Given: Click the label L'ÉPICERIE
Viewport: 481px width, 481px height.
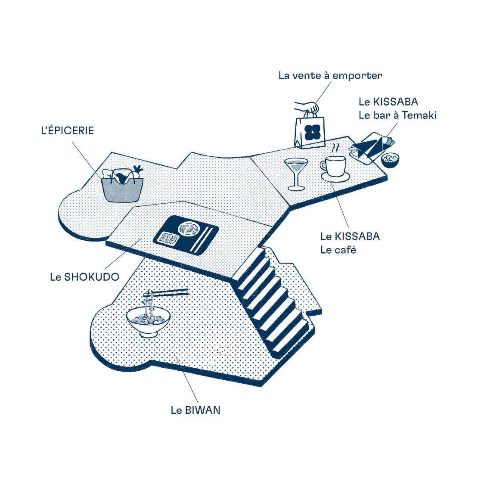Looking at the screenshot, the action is (68, 130).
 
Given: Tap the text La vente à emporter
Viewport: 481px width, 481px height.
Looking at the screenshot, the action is (330, 75).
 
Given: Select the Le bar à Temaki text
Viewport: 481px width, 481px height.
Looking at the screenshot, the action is (397, 115).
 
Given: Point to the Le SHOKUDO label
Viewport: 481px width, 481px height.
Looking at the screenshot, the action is (85, 277).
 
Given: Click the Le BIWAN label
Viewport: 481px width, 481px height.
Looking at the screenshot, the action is (196, 410).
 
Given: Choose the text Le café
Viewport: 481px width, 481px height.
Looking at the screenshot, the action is (338, 250).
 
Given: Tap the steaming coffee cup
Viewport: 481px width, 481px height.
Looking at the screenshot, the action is (333, 166).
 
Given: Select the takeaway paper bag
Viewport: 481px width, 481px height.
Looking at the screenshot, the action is (310, 130).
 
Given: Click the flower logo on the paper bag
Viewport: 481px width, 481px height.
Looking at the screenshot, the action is (312, 132).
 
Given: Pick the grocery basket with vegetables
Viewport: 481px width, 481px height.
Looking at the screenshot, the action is (122, 185).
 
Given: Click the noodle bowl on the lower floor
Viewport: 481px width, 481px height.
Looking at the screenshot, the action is (148, 320).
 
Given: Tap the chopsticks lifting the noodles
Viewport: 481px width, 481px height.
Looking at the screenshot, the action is (166, 292).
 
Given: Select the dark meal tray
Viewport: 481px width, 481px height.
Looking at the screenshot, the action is (186, 235).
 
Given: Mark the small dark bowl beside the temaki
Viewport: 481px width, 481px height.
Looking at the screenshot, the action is (390, 160).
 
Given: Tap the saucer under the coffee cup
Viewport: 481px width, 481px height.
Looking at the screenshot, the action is (335, 177).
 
